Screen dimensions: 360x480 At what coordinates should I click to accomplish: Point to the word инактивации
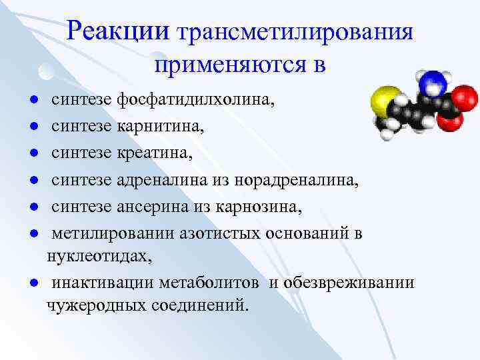point(103,283)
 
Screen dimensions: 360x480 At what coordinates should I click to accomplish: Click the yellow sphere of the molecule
point(381,101)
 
